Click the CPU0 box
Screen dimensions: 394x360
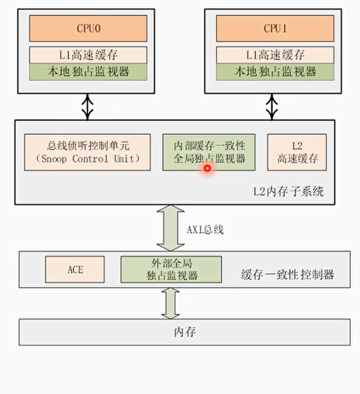pyautogui.click(x=88, y=28)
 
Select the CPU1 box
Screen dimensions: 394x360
pyautogui.click(x=275, y=28)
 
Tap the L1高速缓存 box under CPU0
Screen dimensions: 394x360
pyautogui.click(x=88, y=55)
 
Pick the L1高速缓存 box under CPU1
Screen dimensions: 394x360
pyautogui.click(x=275, y=55)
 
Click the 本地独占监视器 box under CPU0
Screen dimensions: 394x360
pyautogui.click(x=88, y=72)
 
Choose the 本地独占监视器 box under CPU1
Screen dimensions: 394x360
pyautogui.click(x=275, y=72)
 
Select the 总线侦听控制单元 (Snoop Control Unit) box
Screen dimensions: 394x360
pyautogui.click(x=88, y=152)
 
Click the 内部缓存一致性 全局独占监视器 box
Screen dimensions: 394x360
pyautogui.click(x=209, y=152)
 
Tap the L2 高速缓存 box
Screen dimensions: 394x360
pyautogui.click(x=297, y=152)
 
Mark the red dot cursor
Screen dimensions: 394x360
pyautogui.click(x=208, y=167)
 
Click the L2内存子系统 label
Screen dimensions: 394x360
pyautogui.click(x=288, y=191)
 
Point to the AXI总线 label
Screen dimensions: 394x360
pyautogui.click(x=205, y=230)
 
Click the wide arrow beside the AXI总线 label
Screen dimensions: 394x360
pyautogui.click(x=169, y=228)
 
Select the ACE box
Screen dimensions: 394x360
pyautogui.click(x=75, y=269)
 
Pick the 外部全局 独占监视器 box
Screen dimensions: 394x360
pyautogui.click(x=171, y=269)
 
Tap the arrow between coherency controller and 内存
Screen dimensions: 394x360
pyautogui.click(x=169, y=303)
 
